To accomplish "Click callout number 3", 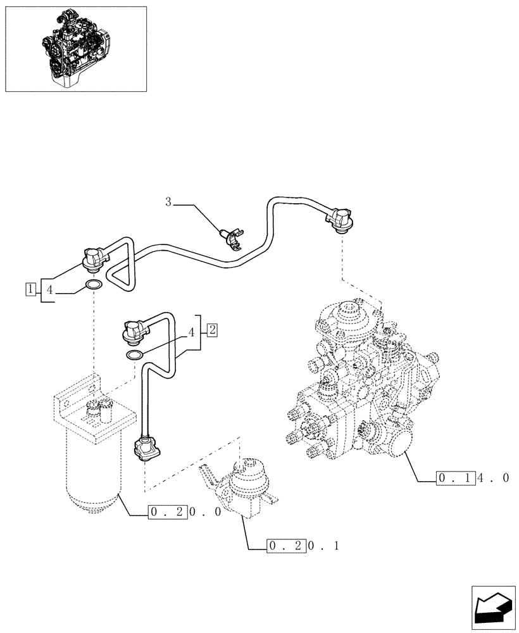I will click(x=168, y=203).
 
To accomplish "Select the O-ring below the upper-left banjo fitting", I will click(x=93, y=285).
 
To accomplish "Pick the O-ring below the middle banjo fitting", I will click(x=134, y=355).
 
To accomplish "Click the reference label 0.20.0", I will click(x=184, y=511).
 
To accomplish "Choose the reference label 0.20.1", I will click(x=303, y=545).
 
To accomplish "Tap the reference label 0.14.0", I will click(x=472, y=478).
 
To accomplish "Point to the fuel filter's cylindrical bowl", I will click(x=92, y=468).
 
